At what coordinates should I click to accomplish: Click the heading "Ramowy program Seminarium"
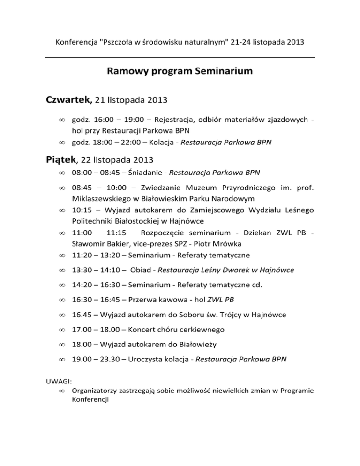[x=180, y=72]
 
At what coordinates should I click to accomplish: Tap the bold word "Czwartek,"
[x=69, y=100]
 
